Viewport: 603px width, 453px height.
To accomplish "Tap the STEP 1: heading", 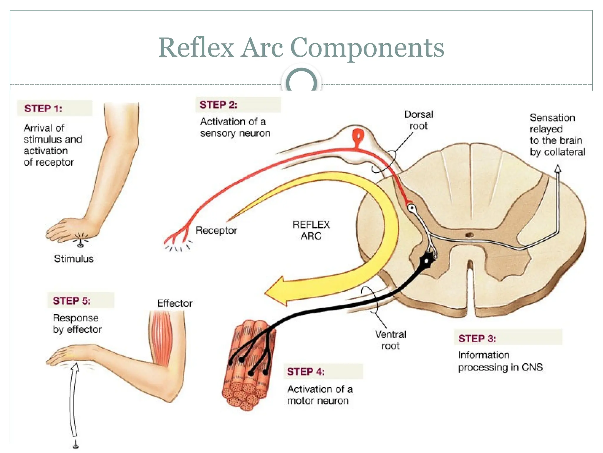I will (x=43, y=108).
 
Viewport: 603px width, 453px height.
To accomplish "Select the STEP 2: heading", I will (x=218, y=105).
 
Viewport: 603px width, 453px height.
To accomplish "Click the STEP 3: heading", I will (x=477, y=338).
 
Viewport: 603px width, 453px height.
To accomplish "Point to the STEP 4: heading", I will (x=306, y=372).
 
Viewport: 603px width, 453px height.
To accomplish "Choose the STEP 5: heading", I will (x=72, y=301).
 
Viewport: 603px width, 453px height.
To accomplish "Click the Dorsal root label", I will (x=418, y=120).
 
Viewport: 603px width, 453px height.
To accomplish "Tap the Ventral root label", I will (x=390, y=340).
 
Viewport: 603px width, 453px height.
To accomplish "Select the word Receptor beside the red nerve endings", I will (x=216, y=230).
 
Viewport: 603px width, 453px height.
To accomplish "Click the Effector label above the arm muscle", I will (x=175, y=303).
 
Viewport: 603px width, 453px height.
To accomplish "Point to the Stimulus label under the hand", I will (x=74, y=259).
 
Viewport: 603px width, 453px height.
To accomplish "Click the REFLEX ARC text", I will (x=311, y=230).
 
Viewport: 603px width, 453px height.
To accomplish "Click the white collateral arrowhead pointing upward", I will (x=557, y=169).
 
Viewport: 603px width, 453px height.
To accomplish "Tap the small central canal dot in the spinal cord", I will (x=469, y=235).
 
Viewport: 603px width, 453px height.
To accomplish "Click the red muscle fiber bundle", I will (x=249, y=366).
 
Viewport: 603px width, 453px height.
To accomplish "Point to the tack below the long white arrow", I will (x=76, y=444).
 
